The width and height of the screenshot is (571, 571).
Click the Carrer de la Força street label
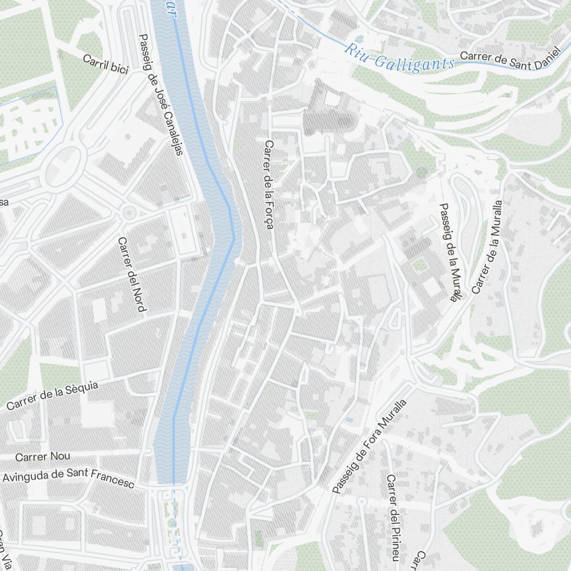pyautogui.click(x=268, y=184)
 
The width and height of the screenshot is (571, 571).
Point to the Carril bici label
pyautogui.click(x=106, y=65)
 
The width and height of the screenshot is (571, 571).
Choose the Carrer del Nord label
pyautogui.click(x=131, y=275)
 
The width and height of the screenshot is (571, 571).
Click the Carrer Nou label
pyautogui.click(x=43, y=457)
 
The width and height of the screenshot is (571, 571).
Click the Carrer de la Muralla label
pyautogui.click(x=488, y=247)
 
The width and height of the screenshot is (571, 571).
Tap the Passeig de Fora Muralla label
pyautogui.click(x=370, y=446)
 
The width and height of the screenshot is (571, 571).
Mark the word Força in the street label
pyautogui.click(x=269, y=215)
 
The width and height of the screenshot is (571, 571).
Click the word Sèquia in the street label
pyautogui.click(x=80, y=389)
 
